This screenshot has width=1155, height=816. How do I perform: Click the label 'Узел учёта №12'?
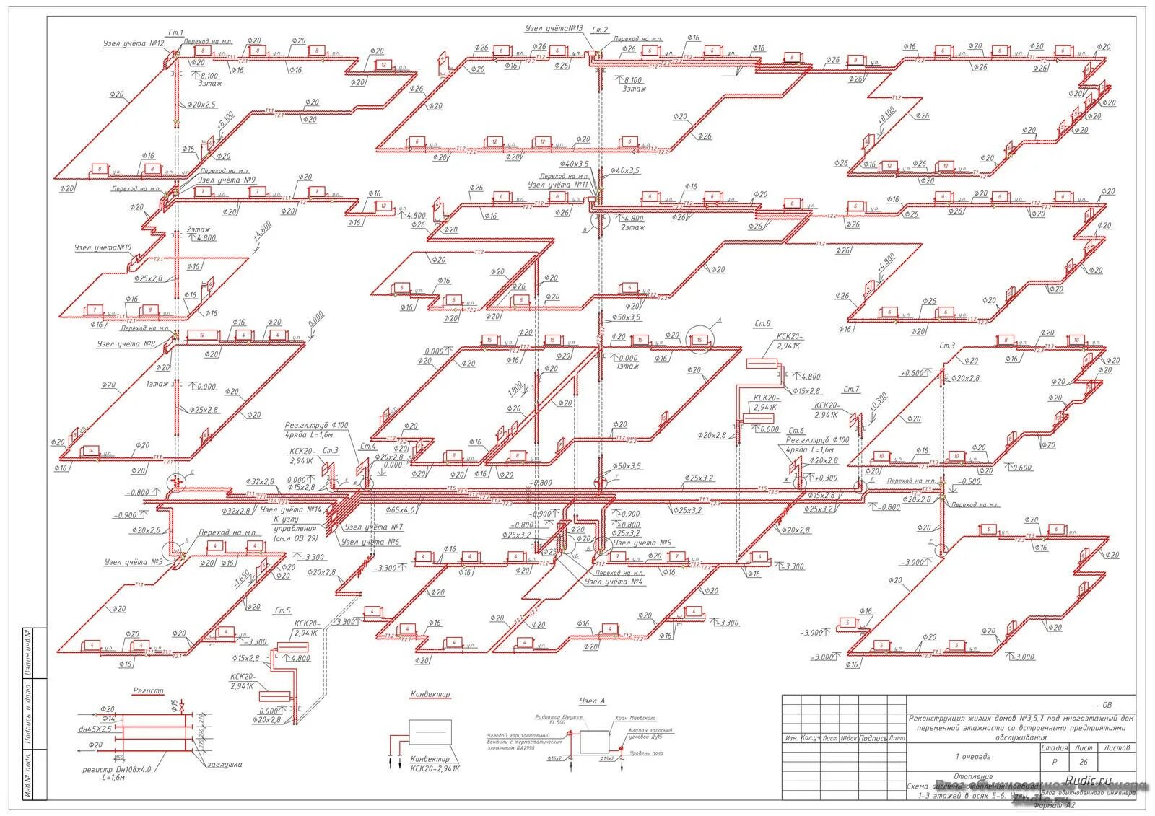point(134,44)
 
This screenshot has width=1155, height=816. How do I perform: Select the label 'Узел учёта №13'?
point(554,28)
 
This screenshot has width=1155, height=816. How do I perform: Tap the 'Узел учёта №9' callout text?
point(226,180)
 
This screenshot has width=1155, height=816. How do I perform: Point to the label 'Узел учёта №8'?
point(127,344)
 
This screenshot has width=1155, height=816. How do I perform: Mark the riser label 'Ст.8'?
point(762,324)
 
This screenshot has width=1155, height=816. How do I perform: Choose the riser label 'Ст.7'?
point(852,390)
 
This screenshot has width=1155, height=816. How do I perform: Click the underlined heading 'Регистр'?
point(148,691)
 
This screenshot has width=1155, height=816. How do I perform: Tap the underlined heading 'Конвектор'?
point(430,695)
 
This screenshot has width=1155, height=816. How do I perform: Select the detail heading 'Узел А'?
point(592,701)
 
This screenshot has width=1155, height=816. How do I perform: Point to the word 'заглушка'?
point(225,765)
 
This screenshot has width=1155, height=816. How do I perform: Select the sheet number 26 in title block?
point(1083,762)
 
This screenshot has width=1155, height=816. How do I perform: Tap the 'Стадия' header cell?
point(1054,748)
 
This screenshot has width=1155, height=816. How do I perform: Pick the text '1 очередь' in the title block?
point(973,757)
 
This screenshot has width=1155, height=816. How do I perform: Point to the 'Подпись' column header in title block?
point(873,738)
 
